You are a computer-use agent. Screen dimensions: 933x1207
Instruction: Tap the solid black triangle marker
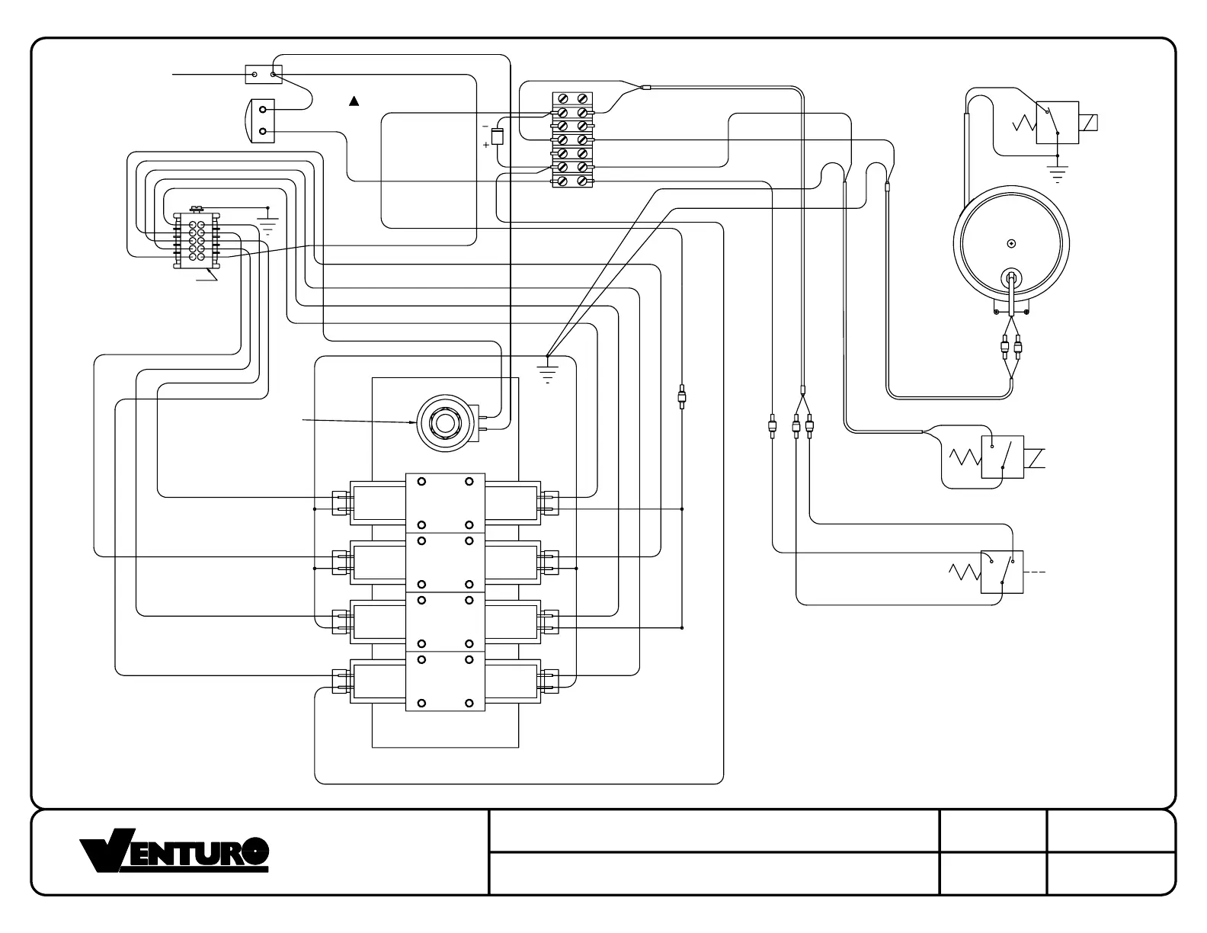click(354, 101)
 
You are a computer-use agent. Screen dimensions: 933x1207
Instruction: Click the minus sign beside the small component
click(485, 126)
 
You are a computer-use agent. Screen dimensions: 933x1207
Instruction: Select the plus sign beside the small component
click(486, 145)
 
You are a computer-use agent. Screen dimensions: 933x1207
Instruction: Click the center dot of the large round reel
click(1011, 244)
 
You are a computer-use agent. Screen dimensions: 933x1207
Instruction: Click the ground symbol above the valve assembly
click(548, 371)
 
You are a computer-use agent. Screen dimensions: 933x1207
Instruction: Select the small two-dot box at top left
click(264, 75)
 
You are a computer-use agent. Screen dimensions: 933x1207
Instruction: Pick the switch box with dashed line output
click(1001, 571)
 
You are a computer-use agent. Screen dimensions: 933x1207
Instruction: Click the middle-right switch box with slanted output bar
click(1001, 457)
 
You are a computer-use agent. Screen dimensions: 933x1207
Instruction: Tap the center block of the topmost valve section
click(445, 503)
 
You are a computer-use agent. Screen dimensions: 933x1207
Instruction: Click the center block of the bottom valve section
click(445, 681)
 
